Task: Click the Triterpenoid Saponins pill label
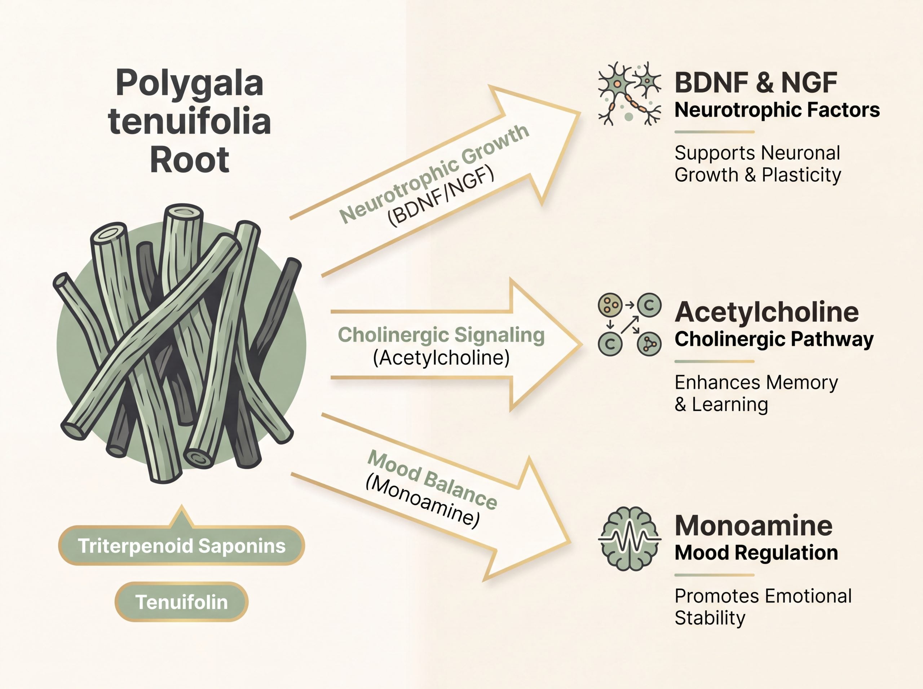pos(181,546)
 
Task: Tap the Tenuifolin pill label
pos(181,602)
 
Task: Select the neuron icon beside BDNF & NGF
pos(630,94)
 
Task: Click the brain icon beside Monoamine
pos(630,539)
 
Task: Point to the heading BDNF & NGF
pos(756,83)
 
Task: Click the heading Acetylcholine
pos(767,312)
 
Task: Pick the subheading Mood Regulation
pos(756,553)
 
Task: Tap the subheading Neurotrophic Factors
pos(777,110)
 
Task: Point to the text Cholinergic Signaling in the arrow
pos(441,335)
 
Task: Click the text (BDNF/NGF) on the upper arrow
pos(441,196)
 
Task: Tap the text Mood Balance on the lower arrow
pos(432,480)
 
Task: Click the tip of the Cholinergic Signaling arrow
pos(582,345)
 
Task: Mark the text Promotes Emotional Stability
pos(763,607)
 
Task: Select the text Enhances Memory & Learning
pos(756,393)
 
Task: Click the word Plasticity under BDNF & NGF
pos(801,175)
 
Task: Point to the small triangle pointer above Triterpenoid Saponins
pos(181,516)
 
